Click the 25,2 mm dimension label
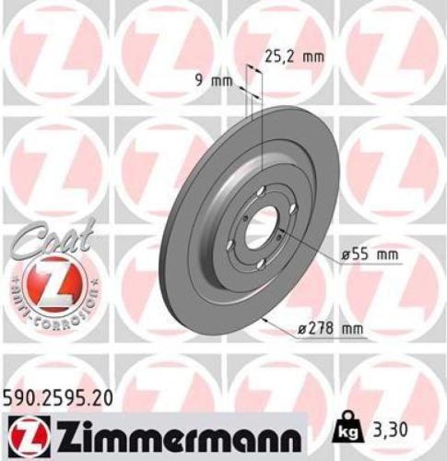(x=296, y=55)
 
